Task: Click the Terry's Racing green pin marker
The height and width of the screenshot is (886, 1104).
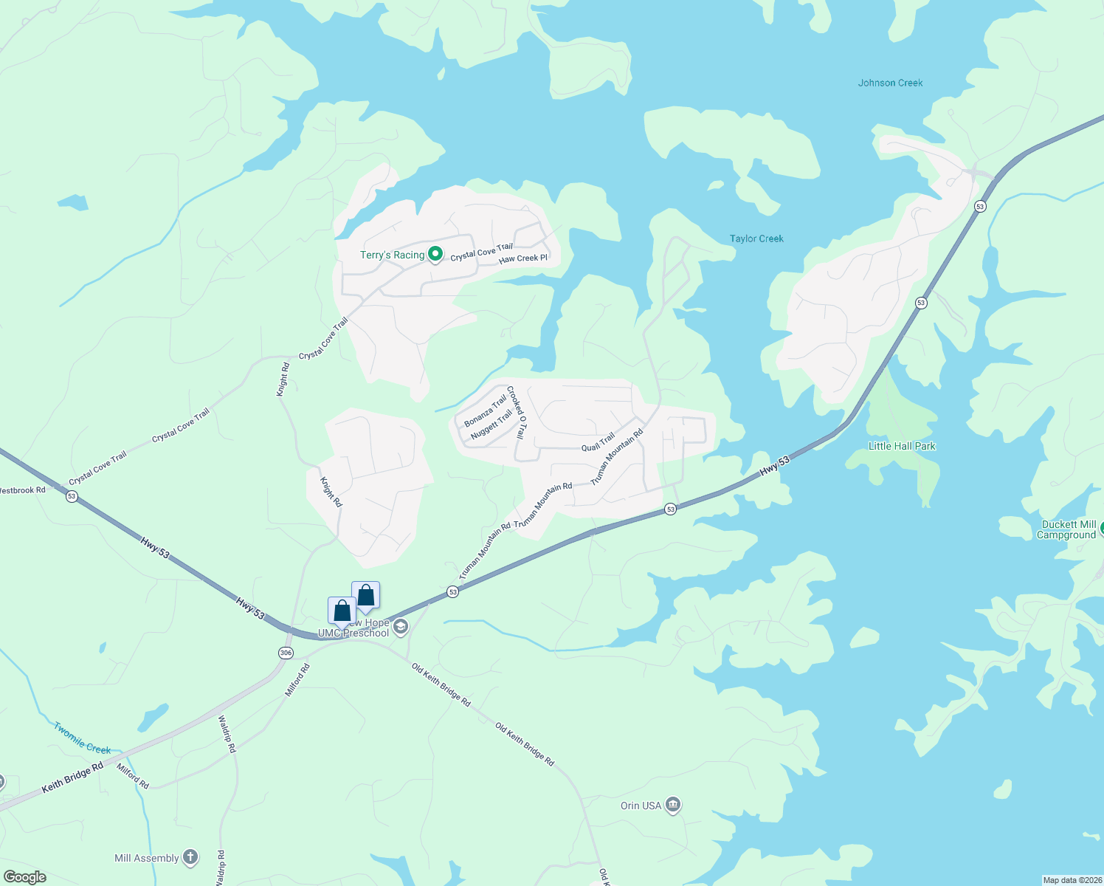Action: tap(435, 254)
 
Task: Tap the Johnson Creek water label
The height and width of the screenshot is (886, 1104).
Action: tap(890, 83)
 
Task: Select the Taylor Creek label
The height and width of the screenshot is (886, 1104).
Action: tap(756, 238)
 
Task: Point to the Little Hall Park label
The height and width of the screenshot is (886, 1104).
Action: tap(902, 446)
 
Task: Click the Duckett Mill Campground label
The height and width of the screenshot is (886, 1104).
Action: tap(1066, 529)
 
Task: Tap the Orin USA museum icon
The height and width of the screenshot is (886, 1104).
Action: tap(672, 805)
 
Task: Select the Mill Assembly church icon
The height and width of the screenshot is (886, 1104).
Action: tap(190, 857)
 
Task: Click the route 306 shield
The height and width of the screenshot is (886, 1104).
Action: tap(286, 653)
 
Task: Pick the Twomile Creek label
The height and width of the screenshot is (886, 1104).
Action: tap(82, 738)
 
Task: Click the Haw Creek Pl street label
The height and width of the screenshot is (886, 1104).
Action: tap(523, 258)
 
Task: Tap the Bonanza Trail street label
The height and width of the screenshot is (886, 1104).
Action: tap(486, 411)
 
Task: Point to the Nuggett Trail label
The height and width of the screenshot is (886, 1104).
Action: tap(491, 425)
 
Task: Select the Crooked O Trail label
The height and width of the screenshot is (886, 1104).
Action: tap(517, 412)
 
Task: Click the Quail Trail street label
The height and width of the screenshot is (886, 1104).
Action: tap(598, 442)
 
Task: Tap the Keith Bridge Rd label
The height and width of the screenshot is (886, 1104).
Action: tap(72, 778)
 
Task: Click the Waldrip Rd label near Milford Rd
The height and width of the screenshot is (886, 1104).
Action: tap(227, 734)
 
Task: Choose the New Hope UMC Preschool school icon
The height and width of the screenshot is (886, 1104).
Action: tap(400, 628)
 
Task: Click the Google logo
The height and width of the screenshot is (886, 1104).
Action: tap(25, 877)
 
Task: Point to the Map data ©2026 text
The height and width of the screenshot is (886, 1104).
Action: tap(1072, 880)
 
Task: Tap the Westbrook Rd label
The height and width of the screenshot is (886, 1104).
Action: tap(22, 490)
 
